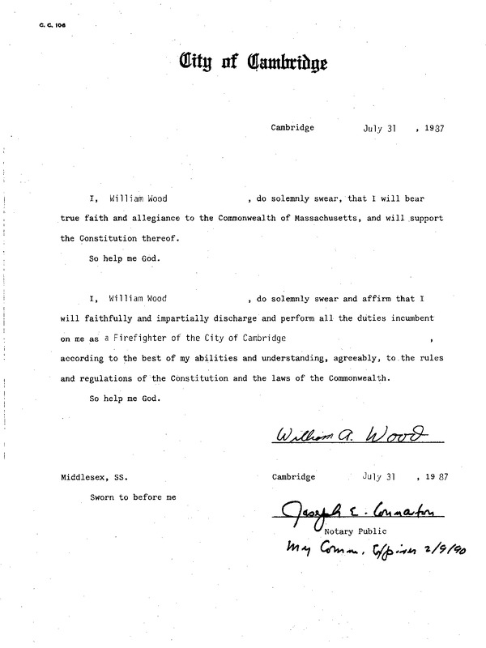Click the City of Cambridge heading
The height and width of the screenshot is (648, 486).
click(x=253, y=62)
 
